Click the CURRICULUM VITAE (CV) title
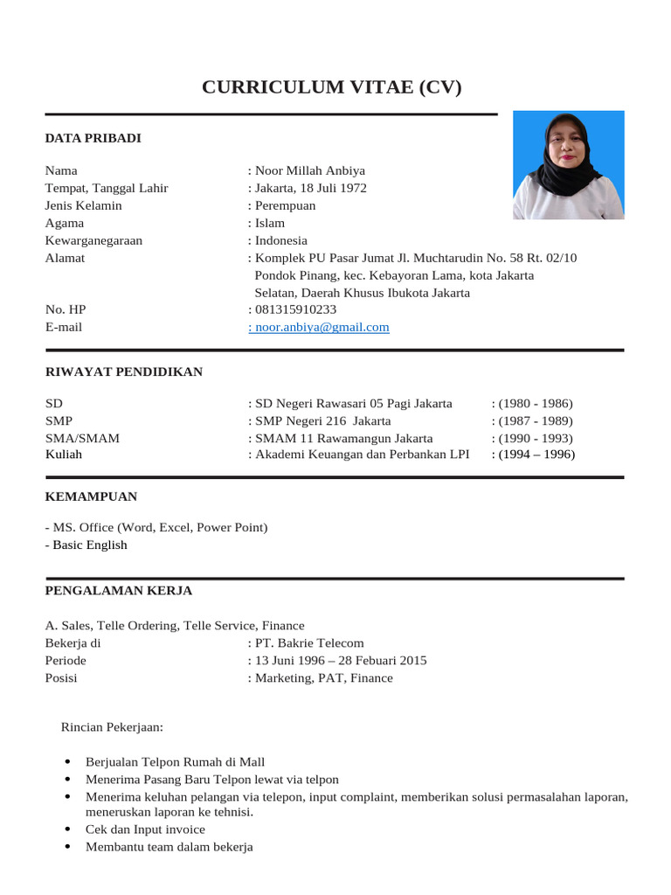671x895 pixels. [331, 87]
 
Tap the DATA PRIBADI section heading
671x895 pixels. [93, 138]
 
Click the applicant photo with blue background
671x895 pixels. [568, 164]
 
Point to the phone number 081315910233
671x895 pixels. [295, 309]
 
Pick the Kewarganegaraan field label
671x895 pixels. [93, 240]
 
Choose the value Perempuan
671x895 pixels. [285, 205]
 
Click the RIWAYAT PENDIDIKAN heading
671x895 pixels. [123, 371]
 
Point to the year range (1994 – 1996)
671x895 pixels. [533, 454]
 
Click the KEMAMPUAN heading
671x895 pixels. [91, 496]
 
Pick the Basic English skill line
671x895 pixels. [86, 545]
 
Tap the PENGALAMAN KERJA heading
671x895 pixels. [118, 591]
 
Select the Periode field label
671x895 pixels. [66, 660]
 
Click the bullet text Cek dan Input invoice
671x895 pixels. [145, 829]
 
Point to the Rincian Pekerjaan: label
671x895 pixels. [113, 726]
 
